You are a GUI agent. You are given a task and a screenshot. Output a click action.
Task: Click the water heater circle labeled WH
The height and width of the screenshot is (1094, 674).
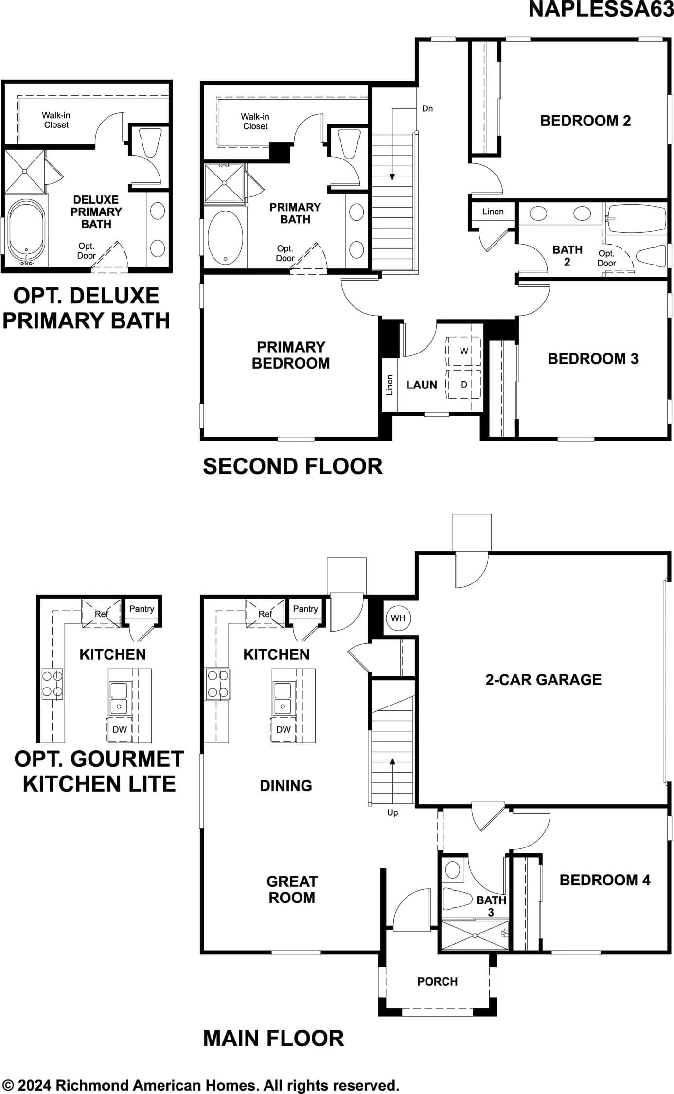point(398,618)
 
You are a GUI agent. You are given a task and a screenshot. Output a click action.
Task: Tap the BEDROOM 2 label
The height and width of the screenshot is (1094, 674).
point(585,121)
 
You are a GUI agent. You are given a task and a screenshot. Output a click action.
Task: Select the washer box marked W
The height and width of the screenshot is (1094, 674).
point(464,351)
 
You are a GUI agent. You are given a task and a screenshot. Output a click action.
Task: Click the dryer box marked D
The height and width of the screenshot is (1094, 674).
point(464,384)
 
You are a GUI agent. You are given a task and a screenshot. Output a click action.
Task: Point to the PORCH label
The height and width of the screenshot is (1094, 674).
point(437,981)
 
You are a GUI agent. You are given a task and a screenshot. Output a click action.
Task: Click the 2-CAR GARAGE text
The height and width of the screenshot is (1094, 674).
point(543,679)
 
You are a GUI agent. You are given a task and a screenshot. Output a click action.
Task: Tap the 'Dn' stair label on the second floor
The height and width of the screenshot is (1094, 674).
point(427,108)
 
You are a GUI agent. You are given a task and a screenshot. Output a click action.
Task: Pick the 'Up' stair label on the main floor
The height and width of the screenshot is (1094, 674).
point(392,812)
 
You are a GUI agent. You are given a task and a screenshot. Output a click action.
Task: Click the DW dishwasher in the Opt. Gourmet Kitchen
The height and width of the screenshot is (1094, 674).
point(120,729)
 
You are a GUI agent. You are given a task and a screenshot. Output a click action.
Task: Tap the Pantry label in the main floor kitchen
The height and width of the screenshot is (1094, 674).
point(305,609)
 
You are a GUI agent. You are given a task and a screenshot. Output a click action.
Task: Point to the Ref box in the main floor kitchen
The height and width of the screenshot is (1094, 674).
point(265,614)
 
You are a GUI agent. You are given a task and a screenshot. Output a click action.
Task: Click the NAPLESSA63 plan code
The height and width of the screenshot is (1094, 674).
point(601,9)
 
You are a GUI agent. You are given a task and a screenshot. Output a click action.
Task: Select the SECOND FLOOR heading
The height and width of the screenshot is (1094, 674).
point(293,466)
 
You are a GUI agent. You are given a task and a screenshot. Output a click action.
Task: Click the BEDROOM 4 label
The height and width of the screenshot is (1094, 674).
point(605,880)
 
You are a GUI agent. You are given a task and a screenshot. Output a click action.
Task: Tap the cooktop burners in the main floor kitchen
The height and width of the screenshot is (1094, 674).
point(217,684)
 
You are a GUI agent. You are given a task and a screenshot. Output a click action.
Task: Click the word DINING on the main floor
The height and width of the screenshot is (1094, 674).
point(286,785)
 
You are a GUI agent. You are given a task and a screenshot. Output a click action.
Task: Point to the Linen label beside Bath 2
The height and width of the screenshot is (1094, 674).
point(493,212)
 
